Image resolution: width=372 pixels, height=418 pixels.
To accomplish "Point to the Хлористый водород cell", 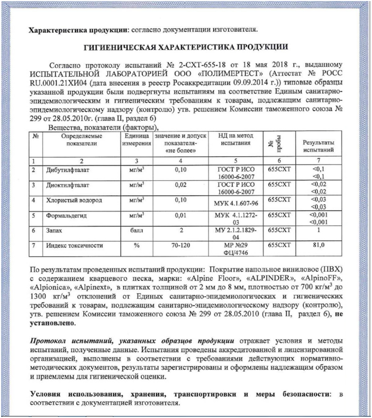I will pos(69,201).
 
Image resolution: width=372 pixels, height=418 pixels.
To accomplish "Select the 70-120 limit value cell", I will pos(181,246).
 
